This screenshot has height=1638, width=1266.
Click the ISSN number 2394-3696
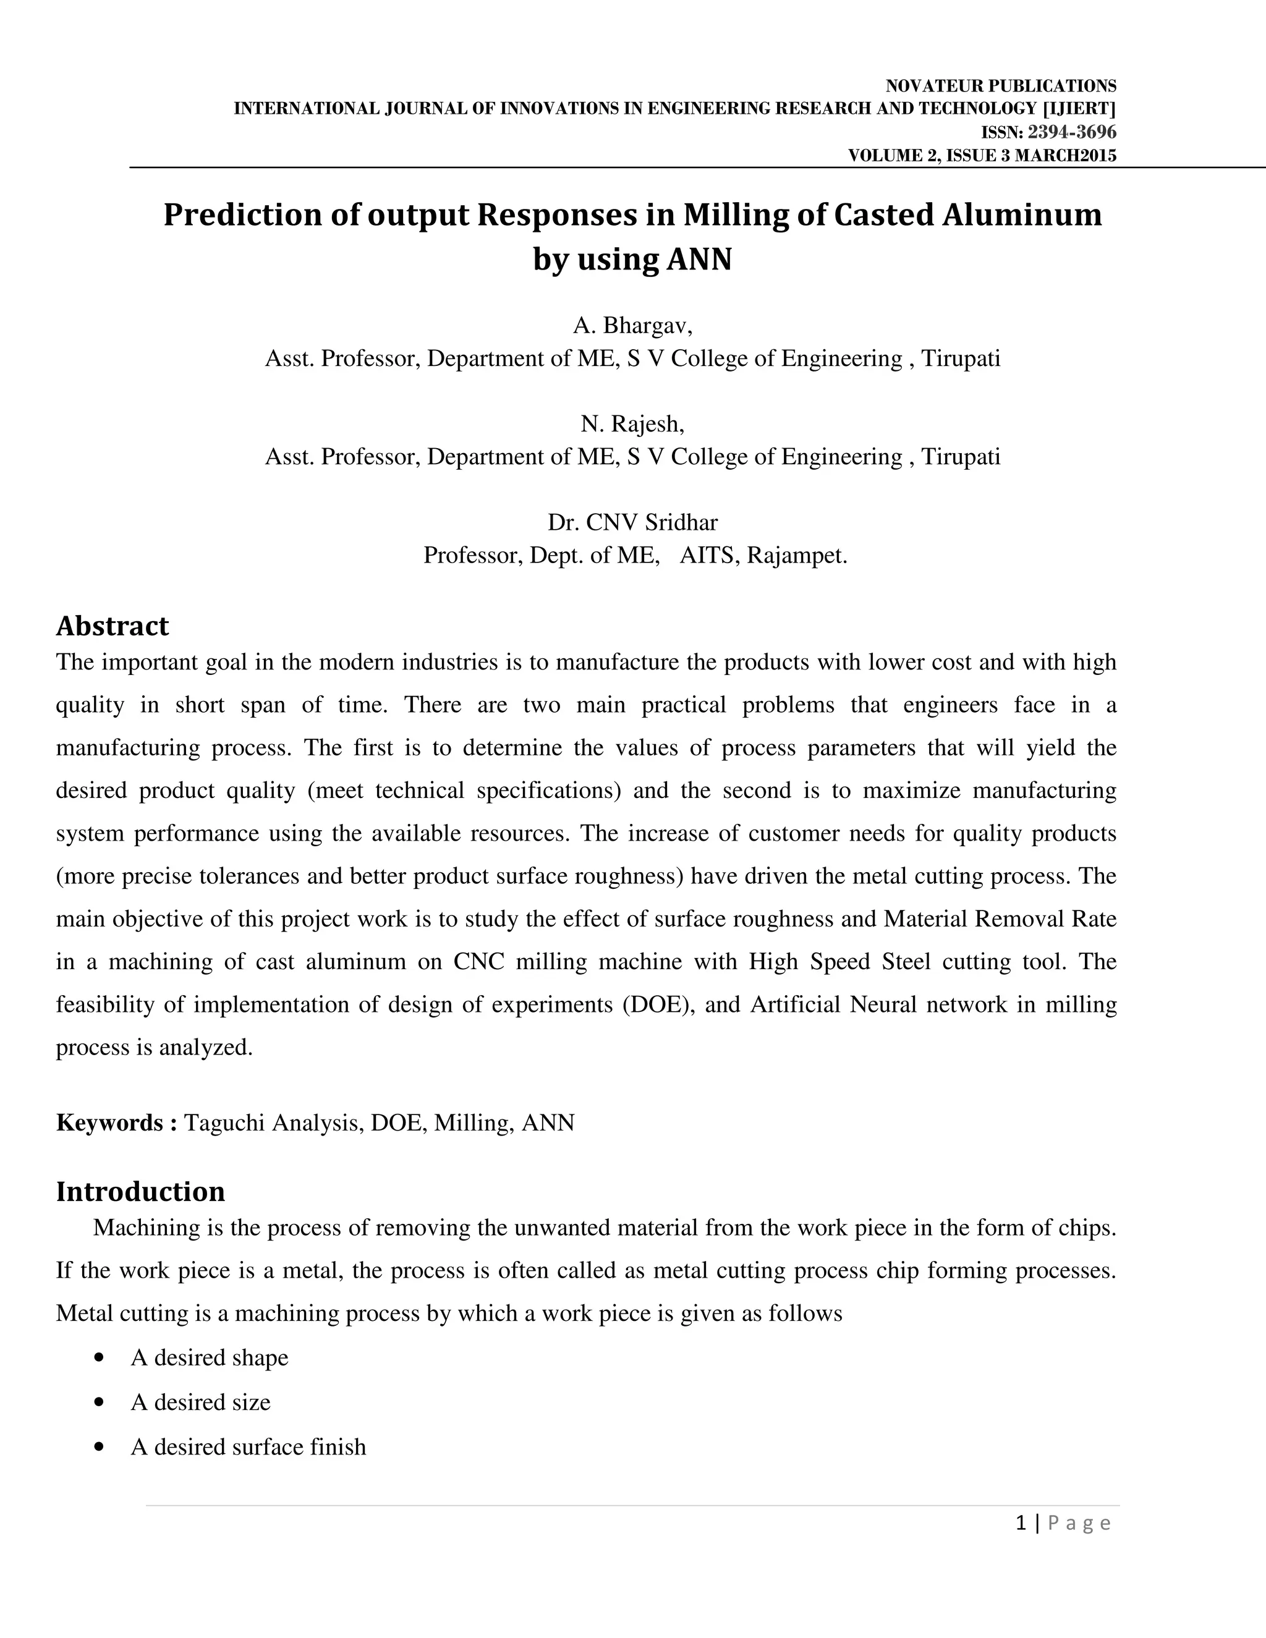pos(1071,133)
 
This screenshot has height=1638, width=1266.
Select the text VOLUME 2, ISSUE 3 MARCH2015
pos(982,156)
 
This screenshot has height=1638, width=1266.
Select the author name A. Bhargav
pos(632,326)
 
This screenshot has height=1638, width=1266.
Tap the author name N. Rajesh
pos(632,425)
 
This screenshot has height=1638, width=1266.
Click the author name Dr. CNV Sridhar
pos(632,522)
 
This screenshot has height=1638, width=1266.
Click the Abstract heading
pos(113,626)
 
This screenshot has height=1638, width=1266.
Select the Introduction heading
pos(140,1191)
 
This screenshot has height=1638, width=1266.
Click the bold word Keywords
pos(109,1122)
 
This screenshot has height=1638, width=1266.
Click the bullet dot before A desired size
pos(99,1402)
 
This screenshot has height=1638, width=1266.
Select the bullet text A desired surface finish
pos(249,1447)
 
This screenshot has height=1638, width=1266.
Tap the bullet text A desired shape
pos(210,1357)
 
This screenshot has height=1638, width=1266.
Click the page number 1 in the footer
pos(1020,1522)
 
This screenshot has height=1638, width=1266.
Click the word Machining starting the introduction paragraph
pos(140,1228)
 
